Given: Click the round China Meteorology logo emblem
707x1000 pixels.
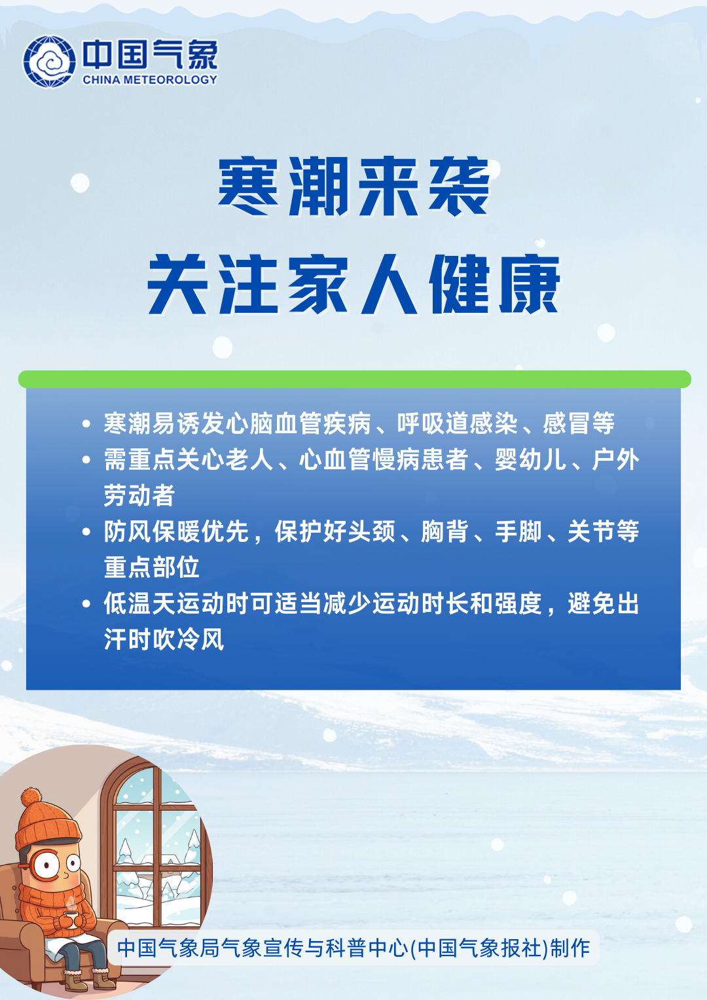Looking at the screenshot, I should [49, 61].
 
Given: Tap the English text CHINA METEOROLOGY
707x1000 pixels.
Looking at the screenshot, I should [150, 80].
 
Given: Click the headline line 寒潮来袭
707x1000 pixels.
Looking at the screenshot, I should [354, 187].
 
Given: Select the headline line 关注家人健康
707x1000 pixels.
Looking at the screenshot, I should [353, 285].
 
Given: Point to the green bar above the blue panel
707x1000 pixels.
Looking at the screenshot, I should [354, 380].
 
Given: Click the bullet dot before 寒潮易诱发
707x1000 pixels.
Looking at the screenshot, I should [86, 424].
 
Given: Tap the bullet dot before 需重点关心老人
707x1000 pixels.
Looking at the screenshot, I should [86, 460].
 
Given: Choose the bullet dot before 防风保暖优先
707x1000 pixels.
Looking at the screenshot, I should [86, 532].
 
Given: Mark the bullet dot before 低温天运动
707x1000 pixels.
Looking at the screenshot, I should [86, 603].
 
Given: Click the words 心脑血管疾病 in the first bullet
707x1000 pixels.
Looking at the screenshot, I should [298, 424].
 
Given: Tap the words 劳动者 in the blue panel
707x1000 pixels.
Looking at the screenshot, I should [139, 495].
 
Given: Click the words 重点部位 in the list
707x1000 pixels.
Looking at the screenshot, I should [152, 567].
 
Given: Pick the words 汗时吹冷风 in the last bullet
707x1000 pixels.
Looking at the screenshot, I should [164, 639].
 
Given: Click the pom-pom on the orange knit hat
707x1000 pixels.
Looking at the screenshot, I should [31, 798].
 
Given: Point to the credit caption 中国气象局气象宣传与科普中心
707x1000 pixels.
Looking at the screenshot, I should [262, 948].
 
